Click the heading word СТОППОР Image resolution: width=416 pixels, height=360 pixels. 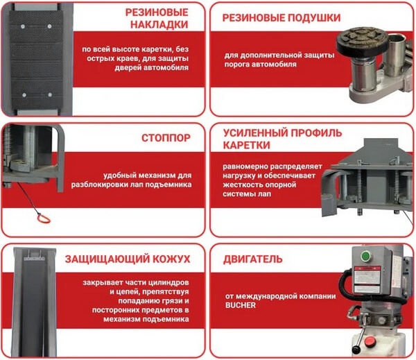coord(166,138)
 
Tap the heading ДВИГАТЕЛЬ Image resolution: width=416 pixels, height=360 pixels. coord(253,259)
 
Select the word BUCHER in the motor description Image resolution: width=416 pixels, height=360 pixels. coord(241,305)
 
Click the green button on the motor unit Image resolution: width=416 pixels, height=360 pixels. coord(366,256)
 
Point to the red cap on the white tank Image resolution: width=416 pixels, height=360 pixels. coord(370,341)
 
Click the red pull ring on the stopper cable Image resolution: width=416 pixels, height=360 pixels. coord(44,218)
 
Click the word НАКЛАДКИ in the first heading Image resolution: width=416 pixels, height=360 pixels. coord(159,25)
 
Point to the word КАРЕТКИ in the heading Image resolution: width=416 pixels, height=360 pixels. coord(246,145)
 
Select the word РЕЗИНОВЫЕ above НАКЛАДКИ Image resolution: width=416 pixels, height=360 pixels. coord(157,12)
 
